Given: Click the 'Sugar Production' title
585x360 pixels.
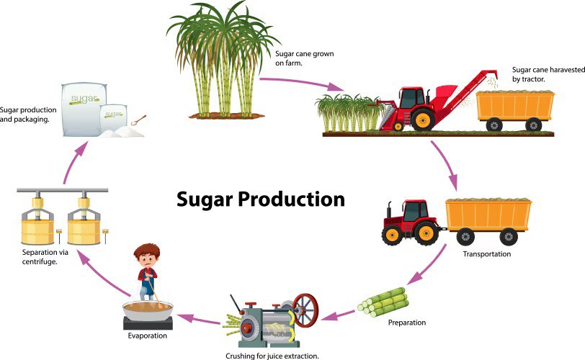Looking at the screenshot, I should [x=261, y=199].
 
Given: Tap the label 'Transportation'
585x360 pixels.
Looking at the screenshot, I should [x=486, y=253].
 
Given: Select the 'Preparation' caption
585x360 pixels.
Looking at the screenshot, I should [x=406, y=323].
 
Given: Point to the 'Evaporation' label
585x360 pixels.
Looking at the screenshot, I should [x=147, y=336].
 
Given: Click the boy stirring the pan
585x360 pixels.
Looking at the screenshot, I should [x=147, y=270].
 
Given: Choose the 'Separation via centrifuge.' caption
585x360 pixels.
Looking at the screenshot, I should [x=43, y=257].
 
